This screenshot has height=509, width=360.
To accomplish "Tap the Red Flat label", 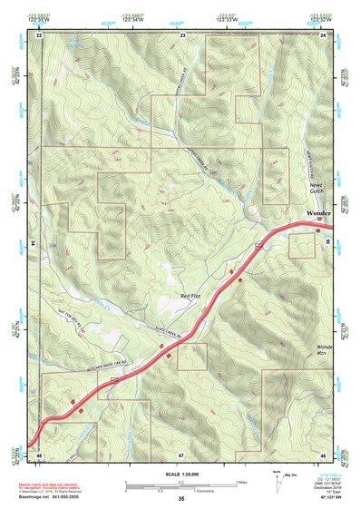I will [190, 296].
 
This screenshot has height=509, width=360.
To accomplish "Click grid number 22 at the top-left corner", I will [39, 34].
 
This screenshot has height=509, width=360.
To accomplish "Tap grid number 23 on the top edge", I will [182, 34].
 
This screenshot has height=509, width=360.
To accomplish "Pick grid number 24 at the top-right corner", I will [323, 34].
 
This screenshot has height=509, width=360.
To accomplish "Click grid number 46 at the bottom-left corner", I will [39, 453].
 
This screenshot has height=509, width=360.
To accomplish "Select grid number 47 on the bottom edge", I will [181, 453].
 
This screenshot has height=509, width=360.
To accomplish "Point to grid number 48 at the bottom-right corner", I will [323, 453].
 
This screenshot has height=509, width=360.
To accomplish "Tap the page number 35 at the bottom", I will [181, 499].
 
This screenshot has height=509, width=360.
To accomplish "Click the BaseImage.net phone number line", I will [55, 496].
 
